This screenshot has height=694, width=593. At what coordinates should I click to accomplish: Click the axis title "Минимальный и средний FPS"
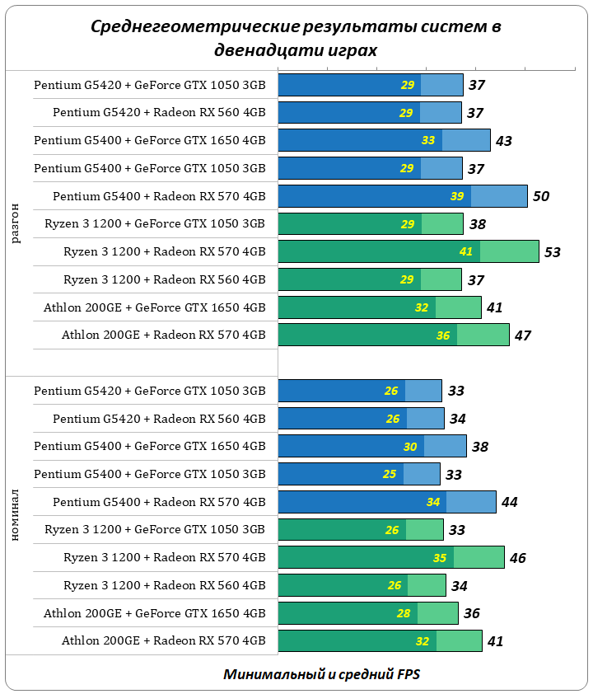tap(321, 674)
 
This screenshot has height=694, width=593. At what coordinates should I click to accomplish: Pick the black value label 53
tap(553, 252)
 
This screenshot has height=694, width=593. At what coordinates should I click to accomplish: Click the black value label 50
tap(541, 196)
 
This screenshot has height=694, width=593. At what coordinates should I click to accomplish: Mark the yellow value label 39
tap(457, 196)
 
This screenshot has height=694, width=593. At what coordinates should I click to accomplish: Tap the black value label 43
tap(504, 141)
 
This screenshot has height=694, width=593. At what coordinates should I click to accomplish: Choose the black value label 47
tap(523, 335)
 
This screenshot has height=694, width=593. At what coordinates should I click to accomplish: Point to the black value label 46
tap(518, 558)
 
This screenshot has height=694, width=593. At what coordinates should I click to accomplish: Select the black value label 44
tap(510, 502)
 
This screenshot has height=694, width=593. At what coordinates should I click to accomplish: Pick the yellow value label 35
tap(440, 558)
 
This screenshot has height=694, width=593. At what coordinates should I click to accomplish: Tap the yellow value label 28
tap(404, 613)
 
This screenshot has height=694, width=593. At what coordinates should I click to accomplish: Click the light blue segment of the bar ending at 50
tap(499, 196)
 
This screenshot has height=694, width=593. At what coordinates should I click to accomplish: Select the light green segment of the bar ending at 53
tap(509, 251)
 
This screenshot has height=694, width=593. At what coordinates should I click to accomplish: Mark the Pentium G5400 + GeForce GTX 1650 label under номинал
tap(150, 446)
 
